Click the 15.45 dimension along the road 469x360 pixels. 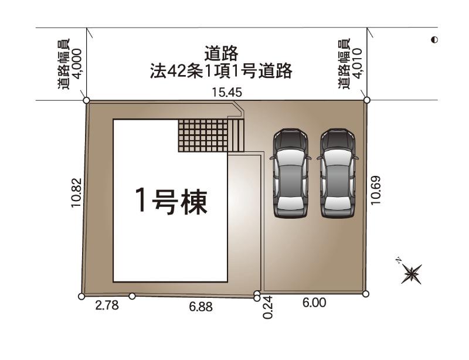point(227,93)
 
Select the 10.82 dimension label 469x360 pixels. point(76,193)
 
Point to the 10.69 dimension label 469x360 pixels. point(376,191)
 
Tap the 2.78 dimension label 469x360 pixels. point(107,305)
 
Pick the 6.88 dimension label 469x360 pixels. point(200,307)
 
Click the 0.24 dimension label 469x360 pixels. point(268,307)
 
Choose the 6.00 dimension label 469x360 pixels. point(314,303)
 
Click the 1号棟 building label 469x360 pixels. point(171,201)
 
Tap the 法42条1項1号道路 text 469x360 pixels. point(221,71)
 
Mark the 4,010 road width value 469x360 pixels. point(358,63)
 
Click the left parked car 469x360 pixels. point(290,174)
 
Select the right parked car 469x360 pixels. point(338,174)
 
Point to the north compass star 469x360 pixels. point(412,274)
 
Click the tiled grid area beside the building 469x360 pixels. point(203,135)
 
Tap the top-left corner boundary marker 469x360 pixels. point(86,100)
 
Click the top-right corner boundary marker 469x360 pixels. point(367,100)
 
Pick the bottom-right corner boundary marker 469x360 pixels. point(365,294)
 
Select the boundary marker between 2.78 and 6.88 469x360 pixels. point(132,296)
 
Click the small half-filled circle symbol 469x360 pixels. point(434,39)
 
